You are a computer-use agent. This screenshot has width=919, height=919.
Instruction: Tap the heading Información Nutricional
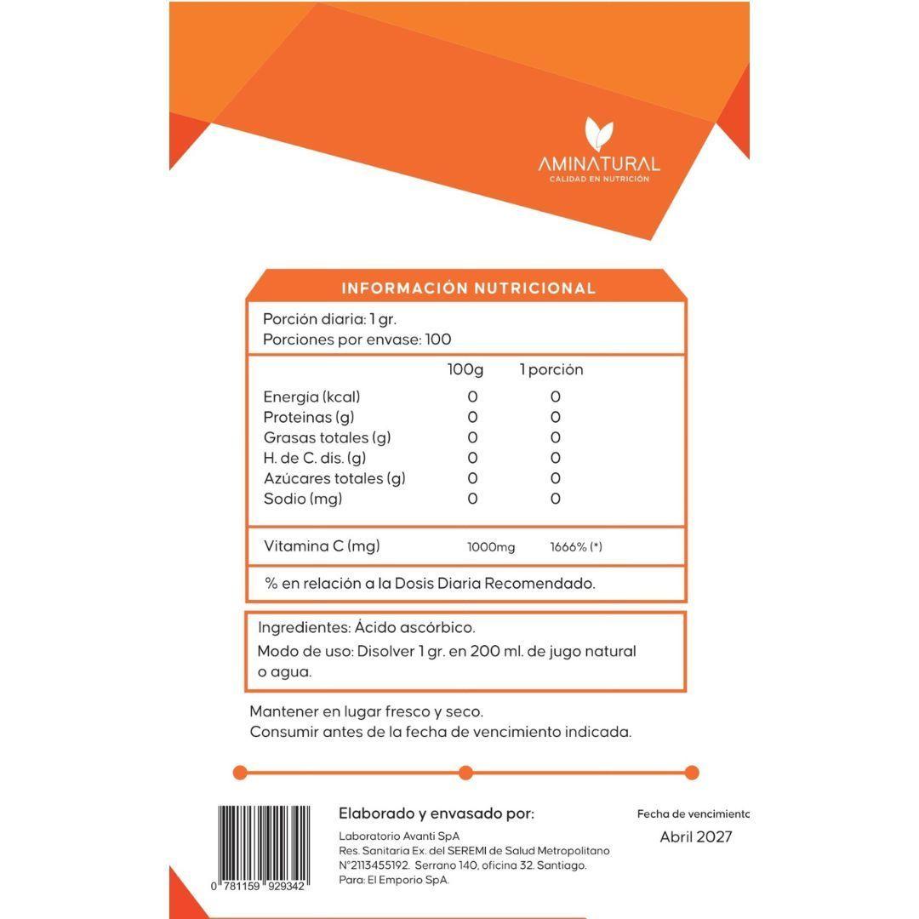click(468, 288)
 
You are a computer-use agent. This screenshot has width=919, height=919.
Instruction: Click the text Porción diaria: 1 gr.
click(329, 319)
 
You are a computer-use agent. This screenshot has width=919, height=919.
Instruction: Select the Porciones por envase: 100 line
click(357, 340)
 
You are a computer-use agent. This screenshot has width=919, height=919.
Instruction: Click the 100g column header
click(465, 370)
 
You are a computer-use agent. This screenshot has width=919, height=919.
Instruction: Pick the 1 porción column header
click(551, 370)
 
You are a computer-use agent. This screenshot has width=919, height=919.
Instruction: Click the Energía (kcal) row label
click(311, 397)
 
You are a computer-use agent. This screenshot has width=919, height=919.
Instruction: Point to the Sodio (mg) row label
click(302, 499)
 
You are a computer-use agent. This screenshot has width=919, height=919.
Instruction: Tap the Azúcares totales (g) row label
click(334, 479)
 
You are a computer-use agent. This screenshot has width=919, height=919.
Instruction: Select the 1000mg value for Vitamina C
click(491, 547)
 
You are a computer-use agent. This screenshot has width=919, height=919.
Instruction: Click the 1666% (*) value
click(576, 547)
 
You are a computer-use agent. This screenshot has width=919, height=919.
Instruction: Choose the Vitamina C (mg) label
click(322, 546)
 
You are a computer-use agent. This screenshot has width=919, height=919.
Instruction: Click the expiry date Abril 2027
click(695, 837)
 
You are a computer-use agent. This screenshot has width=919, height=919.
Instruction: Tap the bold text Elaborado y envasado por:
click(436, 813)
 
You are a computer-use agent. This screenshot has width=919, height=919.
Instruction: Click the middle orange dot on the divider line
click(465, 773)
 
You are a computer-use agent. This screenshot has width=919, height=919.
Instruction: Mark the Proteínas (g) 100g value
click(472, 418)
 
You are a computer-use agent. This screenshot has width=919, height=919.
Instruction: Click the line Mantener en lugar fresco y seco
click(366, 711)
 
